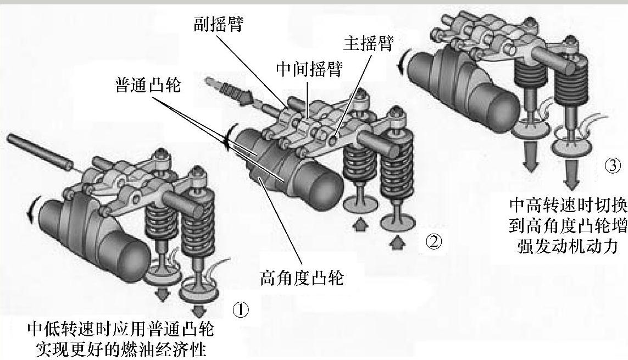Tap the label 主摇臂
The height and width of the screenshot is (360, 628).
(368, 43)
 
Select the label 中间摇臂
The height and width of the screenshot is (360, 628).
(309, 69)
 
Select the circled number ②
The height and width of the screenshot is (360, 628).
(434, 242)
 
